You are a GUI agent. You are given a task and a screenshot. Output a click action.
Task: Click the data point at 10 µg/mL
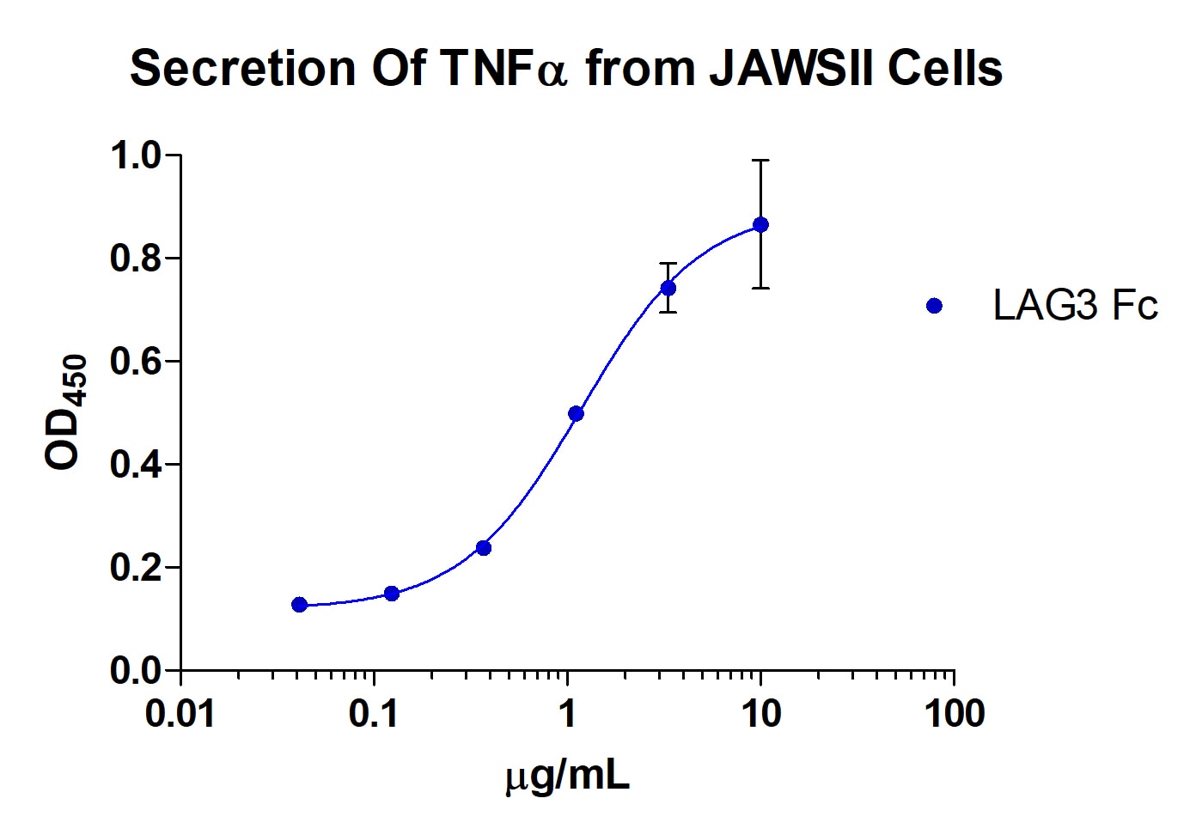point(760,225)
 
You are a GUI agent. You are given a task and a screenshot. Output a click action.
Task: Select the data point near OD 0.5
point(576,414)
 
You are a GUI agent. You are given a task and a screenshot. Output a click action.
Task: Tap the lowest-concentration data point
point(299,605)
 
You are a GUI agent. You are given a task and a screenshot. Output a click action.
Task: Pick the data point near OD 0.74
point(668,288)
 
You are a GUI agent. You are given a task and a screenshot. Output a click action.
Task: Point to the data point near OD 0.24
point(484,548)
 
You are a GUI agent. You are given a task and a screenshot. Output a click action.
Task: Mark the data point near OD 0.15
point(392,594)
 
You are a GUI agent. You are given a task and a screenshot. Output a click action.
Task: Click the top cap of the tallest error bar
point(760,161)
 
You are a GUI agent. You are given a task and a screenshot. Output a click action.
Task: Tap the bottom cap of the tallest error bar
point(760,288)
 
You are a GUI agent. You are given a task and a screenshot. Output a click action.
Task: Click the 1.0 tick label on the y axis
point(135,156)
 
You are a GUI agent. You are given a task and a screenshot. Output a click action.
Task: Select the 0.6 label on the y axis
point(135,362)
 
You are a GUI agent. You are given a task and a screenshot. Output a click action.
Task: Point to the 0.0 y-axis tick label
point(135,671)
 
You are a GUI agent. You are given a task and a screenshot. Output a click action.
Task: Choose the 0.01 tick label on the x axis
point(180,714)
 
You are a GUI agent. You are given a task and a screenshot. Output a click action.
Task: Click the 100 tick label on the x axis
point(954,714)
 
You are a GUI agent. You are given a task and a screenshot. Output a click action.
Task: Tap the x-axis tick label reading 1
point(567,714)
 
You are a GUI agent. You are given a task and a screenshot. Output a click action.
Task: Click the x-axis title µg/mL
point(567,776)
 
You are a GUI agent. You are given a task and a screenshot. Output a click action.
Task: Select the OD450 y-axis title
point(66,412)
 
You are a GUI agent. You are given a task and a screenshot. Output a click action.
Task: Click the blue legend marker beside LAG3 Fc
point(935,306)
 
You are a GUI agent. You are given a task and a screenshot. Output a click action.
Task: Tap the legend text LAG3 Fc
point(1075,306)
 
